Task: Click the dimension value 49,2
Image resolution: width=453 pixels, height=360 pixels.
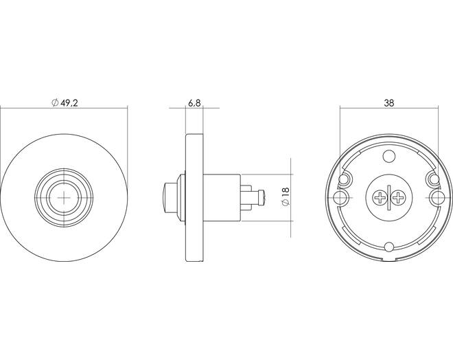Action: (x=69, y=102)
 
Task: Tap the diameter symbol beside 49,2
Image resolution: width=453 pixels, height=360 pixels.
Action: (x=55, y=102)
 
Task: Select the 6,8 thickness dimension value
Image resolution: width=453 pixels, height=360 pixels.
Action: (x=194, y=103)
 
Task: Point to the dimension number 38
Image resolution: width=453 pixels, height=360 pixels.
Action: (x=389, y=102)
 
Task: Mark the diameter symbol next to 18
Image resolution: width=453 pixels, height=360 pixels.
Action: (x=286, y=203)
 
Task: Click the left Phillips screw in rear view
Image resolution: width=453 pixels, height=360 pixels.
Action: (x=380, y=198)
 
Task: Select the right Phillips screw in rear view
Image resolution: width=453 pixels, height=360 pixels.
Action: (x=399, y=198)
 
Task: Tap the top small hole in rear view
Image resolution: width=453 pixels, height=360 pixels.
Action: (x=389, y=157)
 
